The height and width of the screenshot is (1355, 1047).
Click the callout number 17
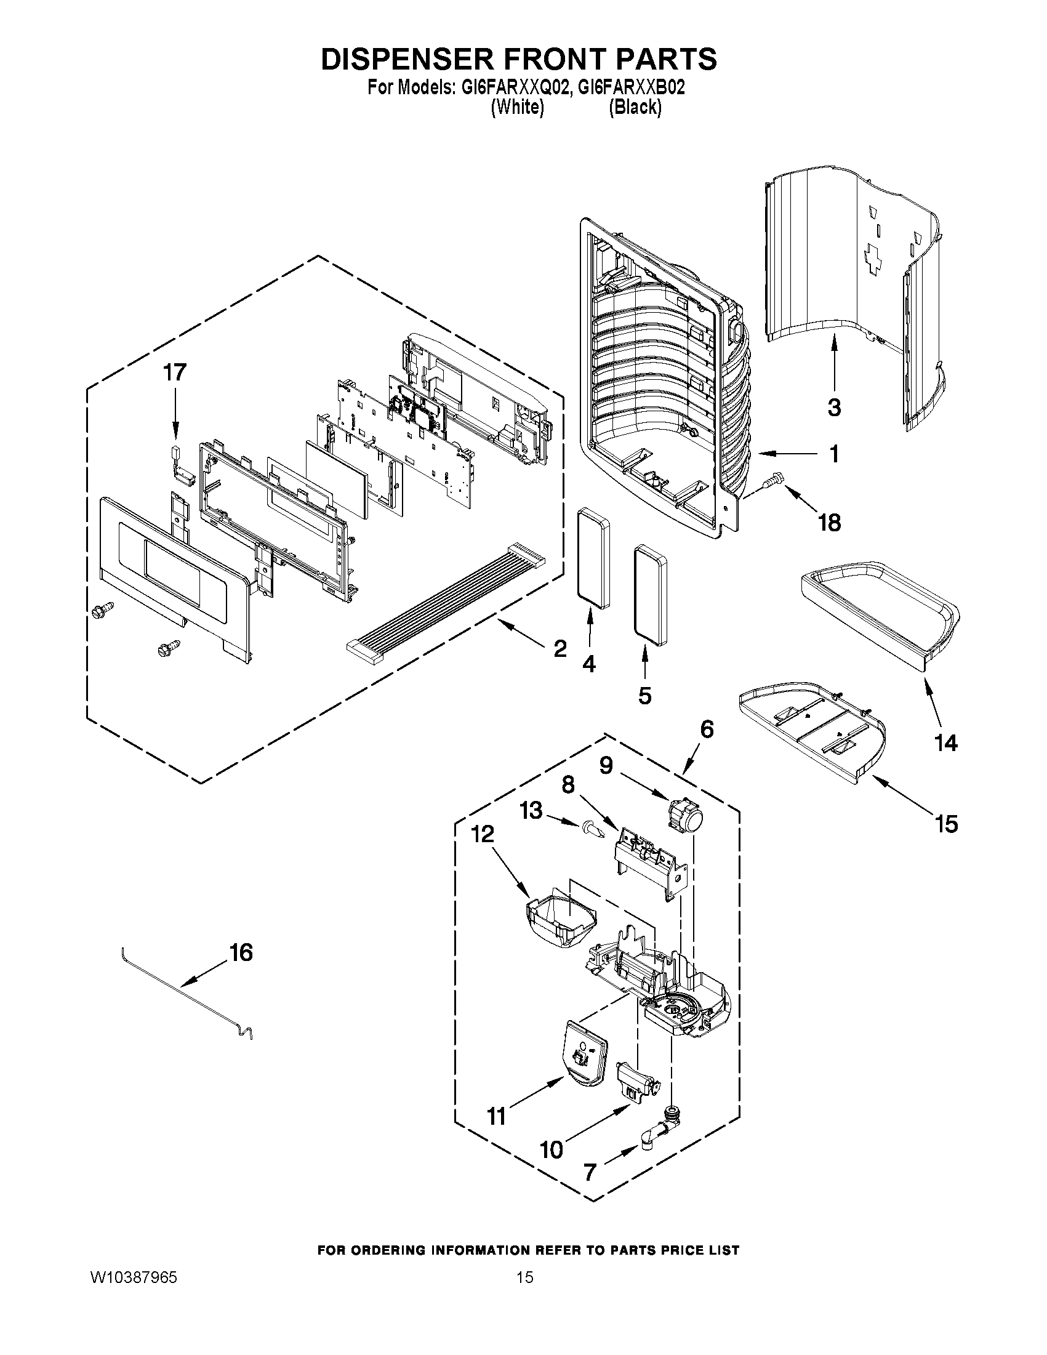click(174, 373)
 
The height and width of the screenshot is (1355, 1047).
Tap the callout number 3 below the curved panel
click(834, 408)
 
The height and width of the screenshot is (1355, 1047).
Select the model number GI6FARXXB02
click(631, 87)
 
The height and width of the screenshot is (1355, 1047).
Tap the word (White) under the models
click(517, 107)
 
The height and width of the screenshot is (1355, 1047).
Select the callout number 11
click(496, 1117)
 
